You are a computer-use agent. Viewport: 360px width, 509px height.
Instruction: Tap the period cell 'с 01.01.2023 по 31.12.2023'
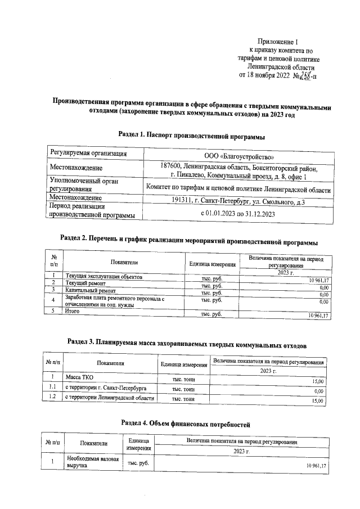point(238,214)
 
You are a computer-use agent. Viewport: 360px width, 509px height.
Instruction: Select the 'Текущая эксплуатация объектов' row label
point(104,277)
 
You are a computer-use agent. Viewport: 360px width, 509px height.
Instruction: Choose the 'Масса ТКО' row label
point(79,376)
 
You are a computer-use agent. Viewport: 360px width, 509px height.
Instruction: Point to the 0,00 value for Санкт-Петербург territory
point(318,391)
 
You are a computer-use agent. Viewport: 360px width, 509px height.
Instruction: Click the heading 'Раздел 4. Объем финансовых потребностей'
point(185,422)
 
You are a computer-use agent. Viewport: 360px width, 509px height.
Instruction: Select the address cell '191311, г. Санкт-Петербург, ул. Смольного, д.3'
point(238,201)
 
